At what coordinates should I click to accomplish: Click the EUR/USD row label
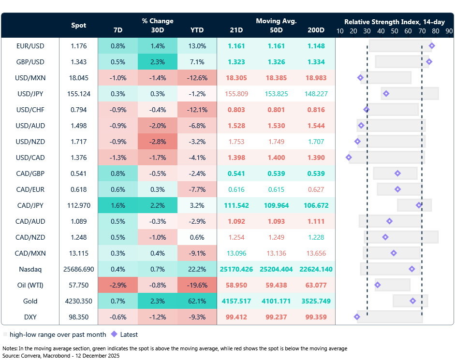pyautogui.click(x=30, y=46)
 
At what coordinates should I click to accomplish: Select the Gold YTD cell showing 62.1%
pyautogui.click(x=197, y=301)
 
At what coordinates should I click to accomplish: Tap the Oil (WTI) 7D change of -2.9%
pyautogui.click(x=117, y=285)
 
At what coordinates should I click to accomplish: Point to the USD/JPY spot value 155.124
pyautogui.click(x=79, y=94)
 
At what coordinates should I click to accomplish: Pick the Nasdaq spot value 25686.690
pyautogui.click(x=79, y=269)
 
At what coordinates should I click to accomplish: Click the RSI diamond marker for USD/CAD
pyautogui.click(x=349, y=158)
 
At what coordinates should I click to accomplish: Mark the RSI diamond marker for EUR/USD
pyautogui.click(x=432, y=46)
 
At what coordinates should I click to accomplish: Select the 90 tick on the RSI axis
pyautogui.click(x=449, y=30)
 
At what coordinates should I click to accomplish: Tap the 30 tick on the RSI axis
pyautogui.click(x=367, y=30)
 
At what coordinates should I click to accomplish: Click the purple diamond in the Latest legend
pyautogui.click(x=114, y=334)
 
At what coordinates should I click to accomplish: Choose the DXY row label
pyautogui.click(x=30, y=317)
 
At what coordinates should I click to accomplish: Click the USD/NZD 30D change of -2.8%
pyautogui.click(x=157, y=142)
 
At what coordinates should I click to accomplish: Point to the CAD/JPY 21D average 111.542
pyautogui.click(x=236, y=205)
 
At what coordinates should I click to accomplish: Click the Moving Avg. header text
pyautogui.click(x=276, y=21)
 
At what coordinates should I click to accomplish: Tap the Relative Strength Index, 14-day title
pyautogui.click(x=395, y=22)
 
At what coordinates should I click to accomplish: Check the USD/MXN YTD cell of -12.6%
pyautogui.click(x=197, y=78)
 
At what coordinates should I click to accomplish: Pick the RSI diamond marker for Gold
pyautogui.click(x=413, y=301)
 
